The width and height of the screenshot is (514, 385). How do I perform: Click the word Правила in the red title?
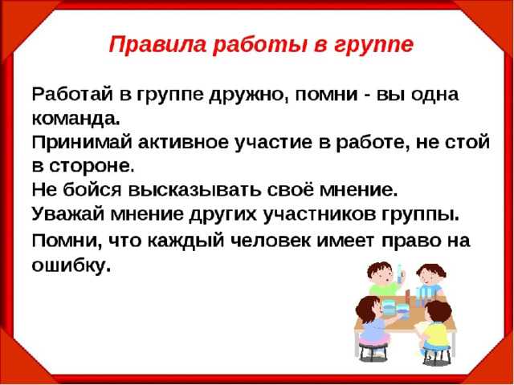point(157,44)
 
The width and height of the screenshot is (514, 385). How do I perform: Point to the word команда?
point(76,120)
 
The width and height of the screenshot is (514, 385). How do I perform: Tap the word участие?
point(273,144)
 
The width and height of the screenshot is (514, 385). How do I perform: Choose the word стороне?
point(92,167)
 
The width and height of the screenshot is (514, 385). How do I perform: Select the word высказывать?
point(195,191)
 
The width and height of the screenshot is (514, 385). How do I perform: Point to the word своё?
point(292,190)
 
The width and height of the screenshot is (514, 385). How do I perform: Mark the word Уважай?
point(69,215)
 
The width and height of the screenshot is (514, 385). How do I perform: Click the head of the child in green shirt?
point(380,273)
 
